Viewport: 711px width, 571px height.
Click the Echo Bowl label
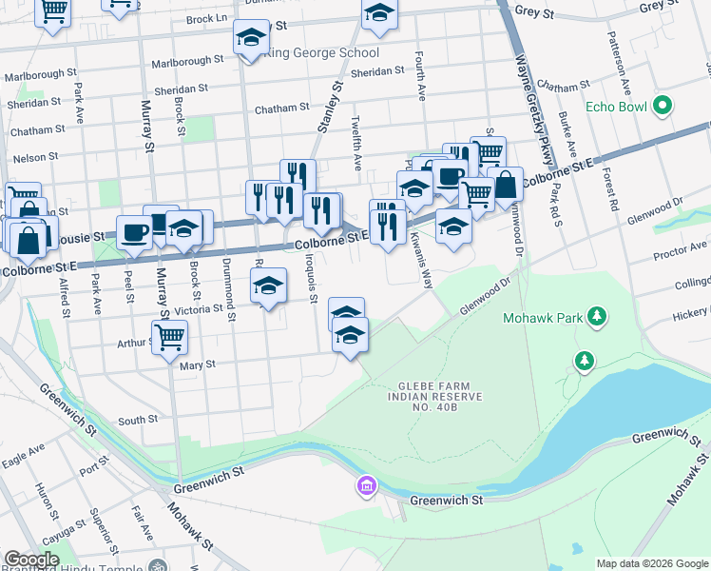coord(616,107)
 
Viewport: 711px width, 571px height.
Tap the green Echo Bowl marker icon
coord(664,106)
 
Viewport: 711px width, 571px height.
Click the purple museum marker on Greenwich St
coord(365,487)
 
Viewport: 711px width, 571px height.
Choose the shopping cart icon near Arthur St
coord(169,335)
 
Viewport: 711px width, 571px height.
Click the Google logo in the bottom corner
coord(30,560)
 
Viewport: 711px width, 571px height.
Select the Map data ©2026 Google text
coord(652,563)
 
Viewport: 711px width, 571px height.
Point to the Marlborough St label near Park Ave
coord(40,73)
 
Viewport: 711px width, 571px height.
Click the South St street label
coord(138,420)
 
